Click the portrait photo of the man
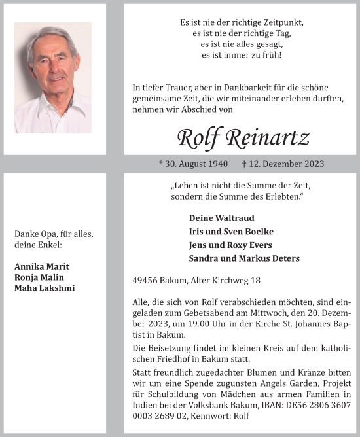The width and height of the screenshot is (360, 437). [x=53, y=77]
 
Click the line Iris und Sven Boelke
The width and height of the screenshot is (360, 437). [x=231, y=232]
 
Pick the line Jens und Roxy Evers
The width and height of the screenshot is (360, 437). [x=230, y=245]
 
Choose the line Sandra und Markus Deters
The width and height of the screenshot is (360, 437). [x=243, y=258]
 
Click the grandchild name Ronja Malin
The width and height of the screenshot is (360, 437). [x=39, y=277]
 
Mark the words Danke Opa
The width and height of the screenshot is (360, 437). [x=33, y=234]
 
